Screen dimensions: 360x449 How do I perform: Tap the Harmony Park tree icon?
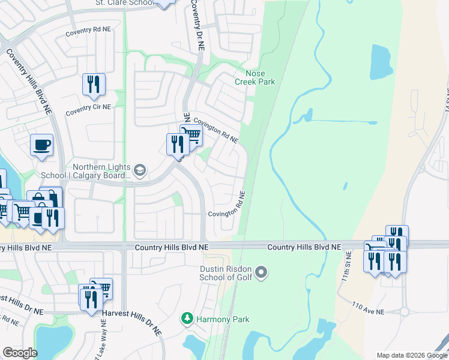coord(188,319)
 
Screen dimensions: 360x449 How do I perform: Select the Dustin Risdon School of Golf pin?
coord(261,273)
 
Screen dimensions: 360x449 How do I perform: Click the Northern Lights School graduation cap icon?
coord(140,172)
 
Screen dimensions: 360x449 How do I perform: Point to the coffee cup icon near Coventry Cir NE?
coord(41,145)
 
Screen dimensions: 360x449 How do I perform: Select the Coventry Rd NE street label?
coord(88,29)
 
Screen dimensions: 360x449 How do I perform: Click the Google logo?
coord(20,353)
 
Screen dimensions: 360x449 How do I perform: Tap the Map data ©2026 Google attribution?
coord(412,355)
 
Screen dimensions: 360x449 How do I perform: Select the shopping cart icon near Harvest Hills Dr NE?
coord(101,288)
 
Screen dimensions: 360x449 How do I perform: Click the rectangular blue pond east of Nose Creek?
coord(380,61)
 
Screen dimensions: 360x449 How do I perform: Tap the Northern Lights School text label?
coord(101,171)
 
